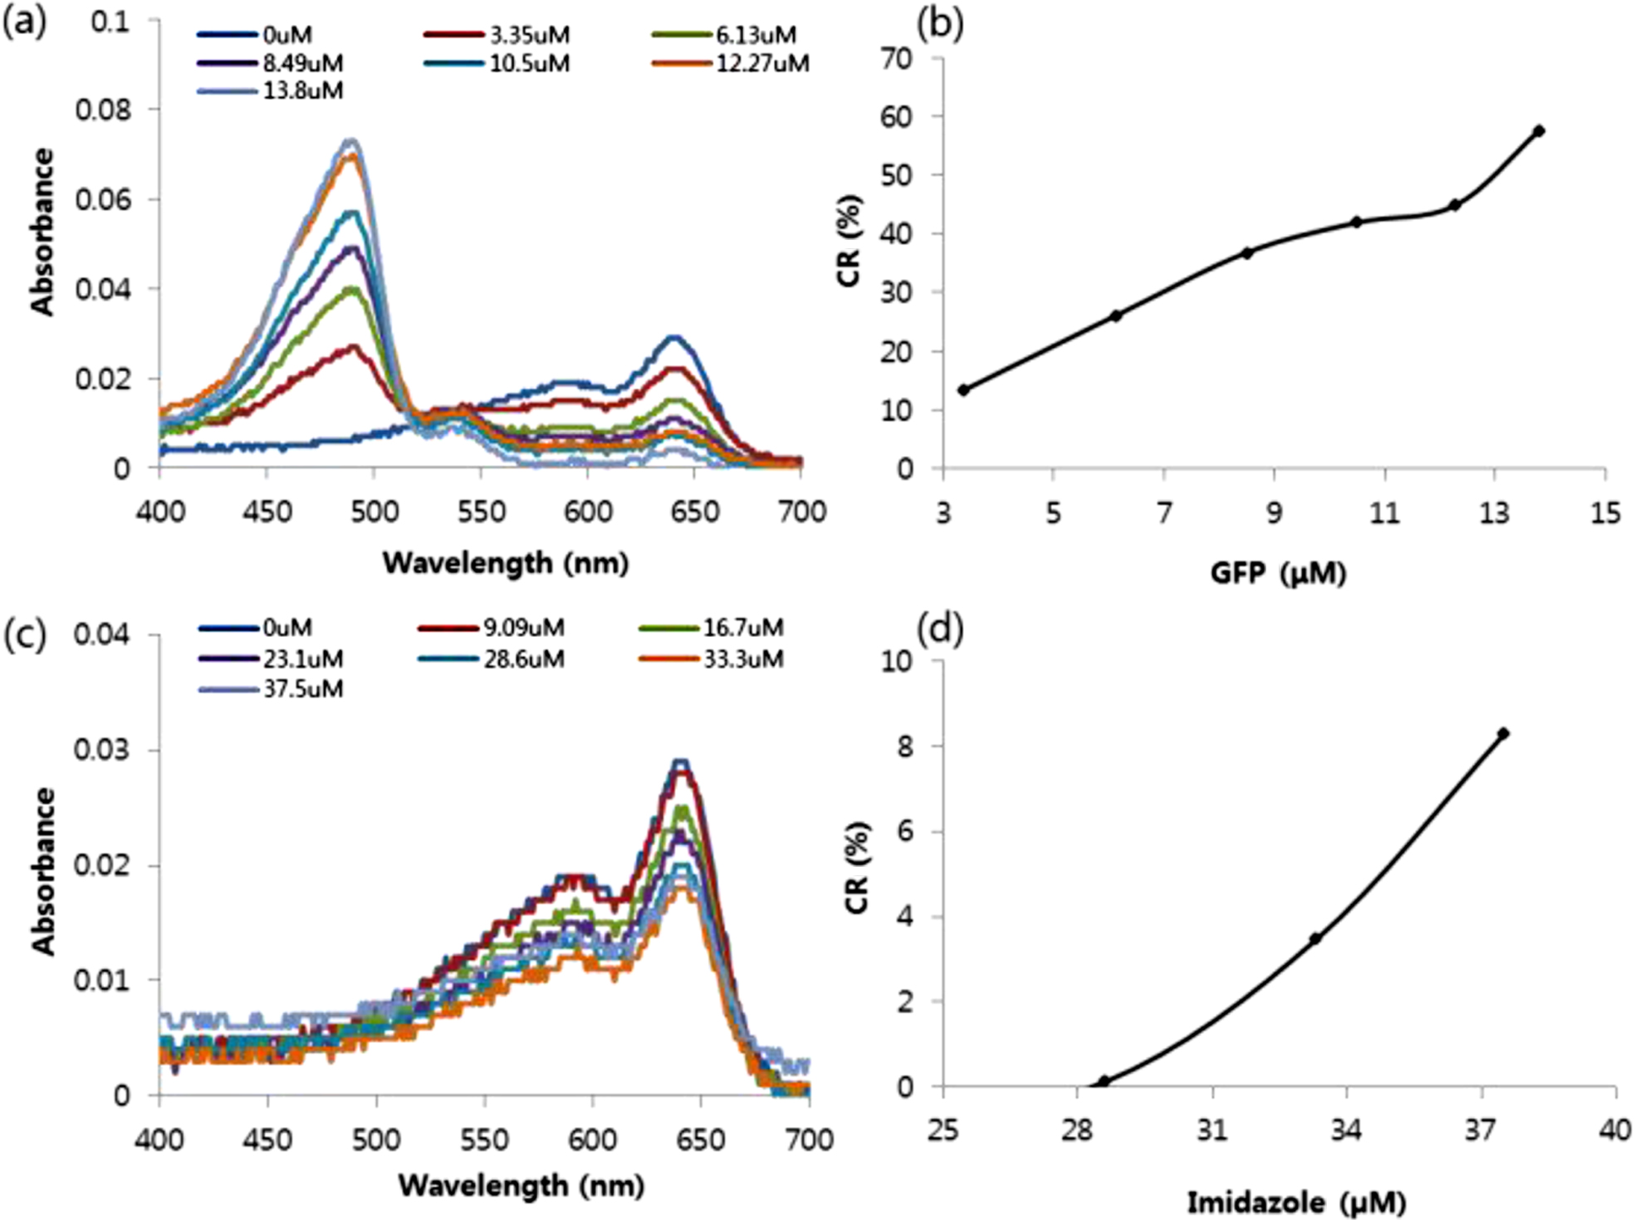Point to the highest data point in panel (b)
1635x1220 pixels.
tap(1539, 131)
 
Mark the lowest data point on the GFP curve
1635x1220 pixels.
tap(963, 390)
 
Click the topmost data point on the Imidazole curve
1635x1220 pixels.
tap(1503, 733)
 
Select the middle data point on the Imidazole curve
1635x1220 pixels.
tap(1314, 938)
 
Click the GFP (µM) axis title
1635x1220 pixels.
tap(1277, 573)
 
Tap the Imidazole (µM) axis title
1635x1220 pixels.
tap(1296, 1203)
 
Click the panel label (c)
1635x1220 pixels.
tap(25, 634)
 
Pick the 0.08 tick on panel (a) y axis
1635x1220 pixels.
tap(104, 110)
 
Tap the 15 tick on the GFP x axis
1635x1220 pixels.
tap(1605, 513)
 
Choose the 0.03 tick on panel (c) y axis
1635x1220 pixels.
tap(103, 750)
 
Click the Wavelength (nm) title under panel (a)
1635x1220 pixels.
tap(505, 563)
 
